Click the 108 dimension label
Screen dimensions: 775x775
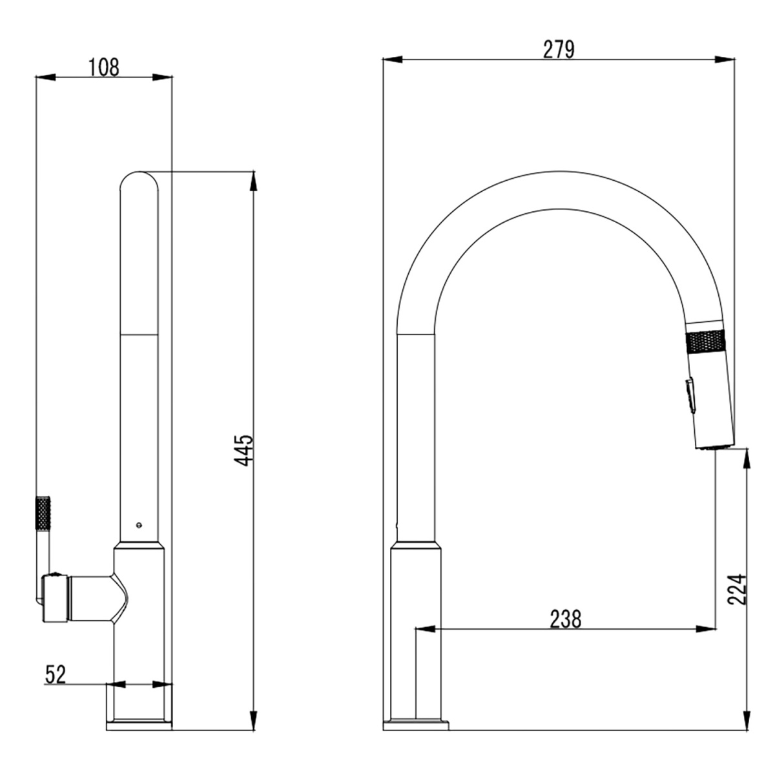click(104, 67)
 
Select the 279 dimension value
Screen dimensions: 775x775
click(558, 50)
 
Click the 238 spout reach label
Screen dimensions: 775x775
click(566, 618)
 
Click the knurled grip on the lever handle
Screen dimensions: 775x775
click(43, 513)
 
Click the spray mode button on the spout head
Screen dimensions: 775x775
click(690, 395)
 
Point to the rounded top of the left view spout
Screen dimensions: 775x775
click(139, 180)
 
